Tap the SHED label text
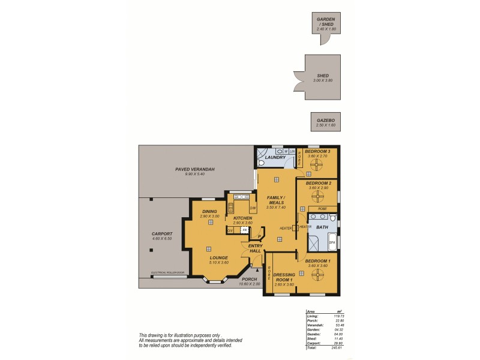[x=323, y=76]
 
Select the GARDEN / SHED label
[x=326, y=22]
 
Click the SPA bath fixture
[x=332, y=241]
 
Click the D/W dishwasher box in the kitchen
[x=253, y=208]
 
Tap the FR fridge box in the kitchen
[x=244, y=229]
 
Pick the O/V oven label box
[x=230, y=229]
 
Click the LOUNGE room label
[x=202, y=257]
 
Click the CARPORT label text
[x=163, y=233]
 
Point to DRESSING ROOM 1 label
[x=284, y=277]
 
